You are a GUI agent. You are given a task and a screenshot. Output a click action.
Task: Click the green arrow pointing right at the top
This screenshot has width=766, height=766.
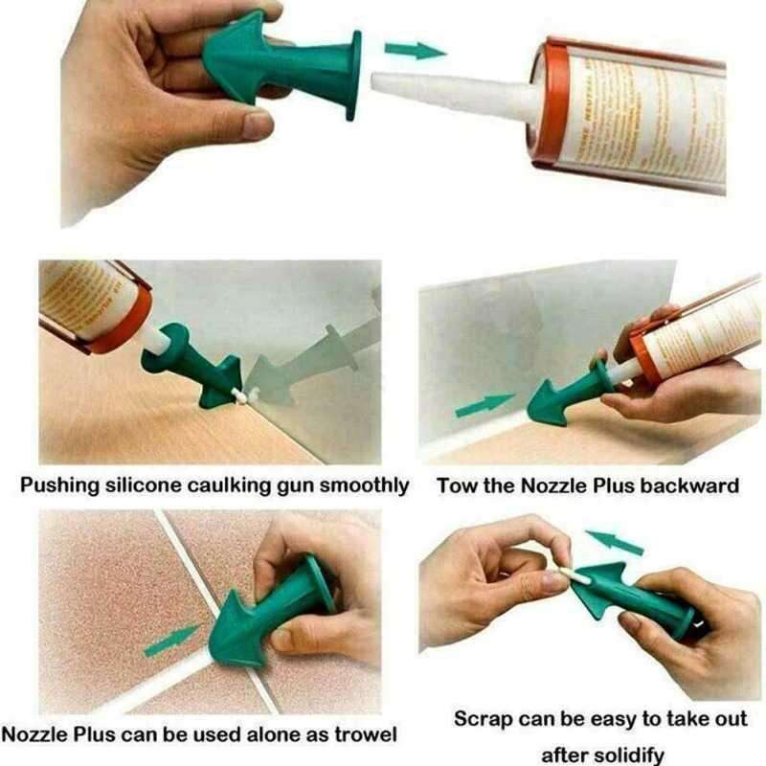(x=415, y=49)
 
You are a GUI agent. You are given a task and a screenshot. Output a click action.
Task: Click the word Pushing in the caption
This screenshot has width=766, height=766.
(x=61, y=486)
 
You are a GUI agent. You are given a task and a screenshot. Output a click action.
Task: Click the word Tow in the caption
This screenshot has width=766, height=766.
(x=456, y=486)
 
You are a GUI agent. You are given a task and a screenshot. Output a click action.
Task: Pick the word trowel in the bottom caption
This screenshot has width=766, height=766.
(x=363, y=735)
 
